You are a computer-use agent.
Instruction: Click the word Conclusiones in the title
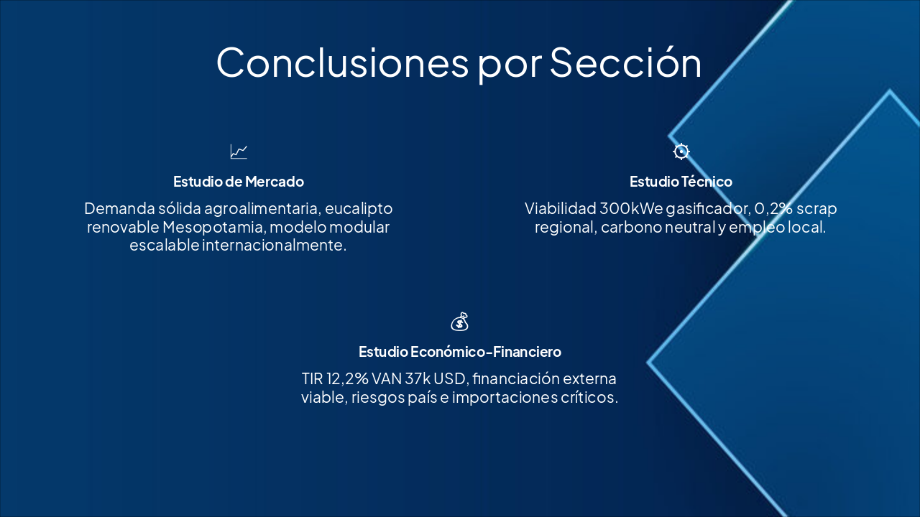click(x=341, y=62)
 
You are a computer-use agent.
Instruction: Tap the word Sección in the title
click(x=625, y=62)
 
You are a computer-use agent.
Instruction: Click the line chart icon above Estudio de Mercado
click(x=239, y=152)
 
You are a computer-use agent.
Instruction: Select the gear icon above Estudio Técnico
click(x=681, y=152)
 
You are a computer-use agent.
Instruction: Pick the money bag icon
click(x=460, y=322)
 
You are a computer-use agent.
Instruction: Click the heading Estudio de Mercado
click(x=239, y=182)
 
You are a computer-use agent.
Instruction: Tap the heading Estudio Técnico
click(x=681, y=182)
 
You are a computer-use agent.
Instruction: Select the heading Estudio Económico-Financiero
click(x=460, y=352)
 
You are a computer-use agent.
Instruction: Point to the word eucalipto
click(x=359, y=209)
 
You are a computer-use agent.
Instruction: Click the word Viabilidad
click(x=560, y=209)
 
